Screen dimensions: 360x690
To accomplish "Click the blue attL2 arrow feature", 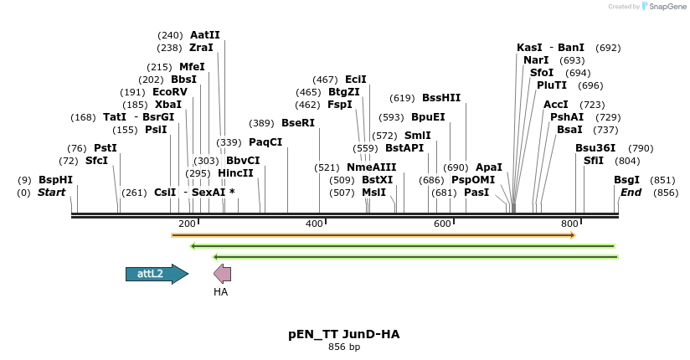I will (x=156, y=274).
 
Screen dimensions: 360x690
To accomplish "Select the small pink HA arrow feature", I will (x=222, y=274).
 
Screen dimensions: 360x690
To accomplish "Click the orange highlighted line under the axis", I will (x=373, y=235).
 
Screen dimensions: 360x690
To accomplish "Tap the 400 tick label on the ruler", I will (x=314, y=224).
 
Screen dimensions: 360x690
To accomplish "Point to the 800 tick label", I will (x=569, y=224).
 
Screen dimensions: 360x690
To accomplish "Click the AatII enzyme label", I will (x=205, y=35).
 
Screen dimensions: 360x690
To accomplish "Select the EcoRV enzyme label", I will (x=170, y=92).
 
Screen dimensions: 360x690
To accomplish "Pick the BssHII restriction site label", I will (x=441, y=98).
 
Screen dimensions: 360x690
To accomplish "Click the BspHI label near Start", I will (x=55, y=180).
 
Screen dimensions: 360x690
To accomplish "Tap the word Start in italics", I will (x=51, y=193).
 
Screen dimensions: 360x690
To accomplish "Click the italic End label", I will (x=631, y=193).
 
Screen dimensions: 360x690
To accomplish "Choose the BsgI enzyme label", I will (x=626, y=180).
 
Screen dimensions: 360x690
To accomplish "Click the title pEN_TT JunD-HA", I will (x=344, y=334).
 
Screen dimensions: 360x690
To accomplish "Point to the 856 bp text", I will (x=344, y=347).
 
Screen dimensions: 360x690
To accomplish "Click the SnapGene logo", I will (x=666, y=7).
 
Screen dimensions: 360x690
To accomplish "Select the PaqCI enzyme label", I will (x=265, y=142).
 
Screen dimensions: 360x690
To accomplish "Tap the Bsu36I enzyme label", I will (x=595, y=148).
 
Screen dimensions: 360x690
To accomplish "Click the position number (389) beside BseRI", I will (x=261, y=123).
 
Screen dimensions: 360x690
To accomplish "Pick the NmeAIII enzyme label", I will (x=372, y=167).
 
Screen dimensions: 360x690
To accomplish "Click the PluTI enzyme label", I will (x=552, y=85).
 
